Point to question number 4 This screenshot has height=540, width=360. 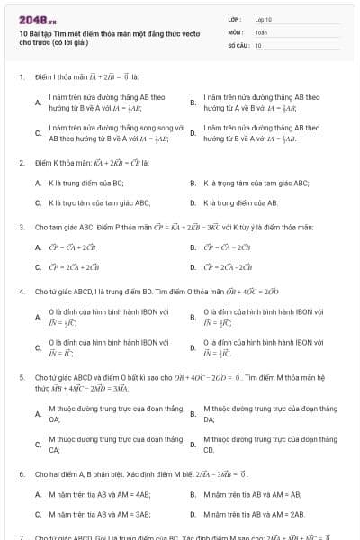coord(21,292)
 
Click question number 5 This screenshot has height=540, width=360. coord(21,378)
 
